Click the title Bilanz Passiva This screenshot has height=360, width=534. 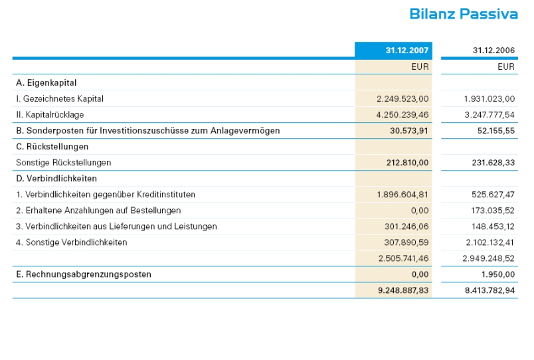coord(463,14)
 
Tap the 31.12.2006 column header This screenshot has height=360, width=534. coord(493,50)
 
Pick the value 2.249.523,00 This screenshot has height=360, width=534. coord(402,99)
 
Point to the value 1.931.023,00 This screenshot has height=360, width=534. coord(489,99)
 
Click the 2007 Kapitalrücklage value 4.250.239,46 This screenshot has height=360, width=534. coord(402,115)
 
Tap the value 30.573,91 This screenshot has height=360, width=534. coord(409,131)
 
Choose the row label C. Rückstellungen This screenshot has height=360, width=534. coord(52,147)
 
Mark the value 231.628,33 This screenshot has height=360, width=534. coord(493,163)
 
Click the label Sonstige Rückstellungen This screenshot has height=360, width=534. coord(64,163)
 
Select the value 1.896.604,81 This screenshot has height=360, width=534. coord(402,195)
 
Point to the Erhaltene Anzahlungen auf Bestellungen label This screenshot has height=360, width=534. coord(98,211)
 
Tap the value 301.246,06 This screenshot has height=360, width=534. coord(406,226)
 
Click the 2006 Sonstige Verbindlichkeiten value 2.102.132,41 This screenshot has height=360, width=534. coord(489,242)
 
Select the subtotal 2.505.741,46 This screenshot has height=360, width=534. coord(403,258)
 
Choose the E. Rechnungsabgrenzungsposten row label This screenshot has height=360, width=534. coord(84,274)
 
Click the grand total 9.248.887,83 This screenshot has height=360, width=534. coord(402,290)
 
